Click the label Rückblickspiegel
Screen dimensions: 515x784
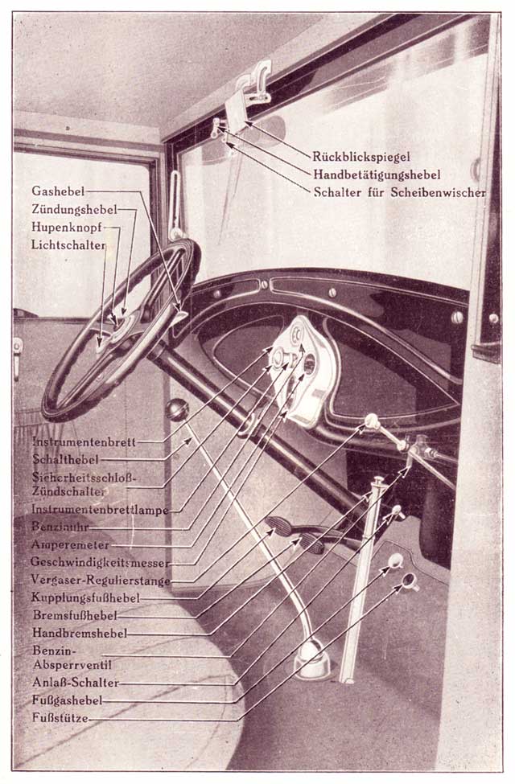[x=361, y=157]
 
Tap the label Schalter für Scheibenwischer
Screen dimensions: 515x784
[x=399, y=192]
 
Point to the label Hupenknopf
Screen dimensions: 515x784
[x=67, y=227]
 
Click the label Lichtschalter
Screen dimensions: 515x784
[x=68, y=245]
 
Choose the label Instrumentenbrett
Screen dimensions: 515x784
[x=84, y=442]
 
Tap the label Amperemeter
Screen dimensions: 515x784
[x=70, y=544]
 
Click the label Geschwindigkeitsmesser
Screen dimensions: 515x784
[x=100, y=563]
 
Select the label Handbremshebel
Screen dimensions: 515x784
[x=80, y=633]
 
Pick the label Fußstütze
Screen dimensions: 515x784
[x=60, y=718]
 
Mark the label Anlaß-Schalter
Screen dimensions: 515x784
[x=76, y=683]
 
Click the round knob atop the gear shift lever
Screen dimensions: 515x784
[x=177, y=410]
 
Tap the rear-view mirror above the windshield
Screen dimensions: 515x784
[x=237, y=113]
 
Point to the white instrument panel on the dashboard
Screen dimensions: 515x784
[x=306, y=371]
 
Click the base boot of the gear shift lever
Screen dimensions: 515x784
[x=311, y=660]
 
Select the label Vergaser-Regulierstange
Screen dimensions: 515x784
[x=101, y=580]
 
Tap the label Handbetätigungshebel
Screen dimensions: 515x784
[x=377, y=174]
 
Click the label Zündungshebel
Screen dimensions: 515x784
[x=74, y=209]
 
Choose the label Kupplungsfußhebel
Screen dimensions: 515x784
[x=85, y=597]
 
